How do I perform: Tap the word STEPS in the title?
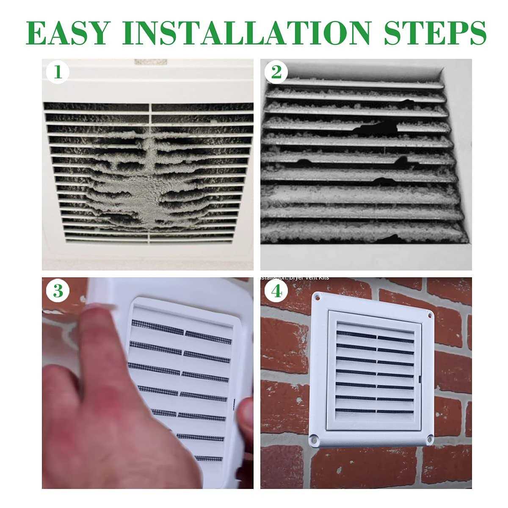[x=435, y=33]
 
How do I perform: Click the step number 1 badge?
[x=58, y=72]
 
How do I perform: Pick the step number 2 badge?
[x=276, y=72]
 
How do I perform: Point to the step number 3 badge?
[x=58, y=291]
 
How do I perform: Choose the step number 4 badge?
[x=276, y=291]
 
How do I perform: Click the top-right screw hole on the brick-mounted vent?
[x=430, y=315]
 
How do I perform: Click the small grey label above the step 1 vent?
[x=151, y=62]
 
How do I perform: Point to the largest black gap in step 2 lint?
[x=375, y=126]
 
